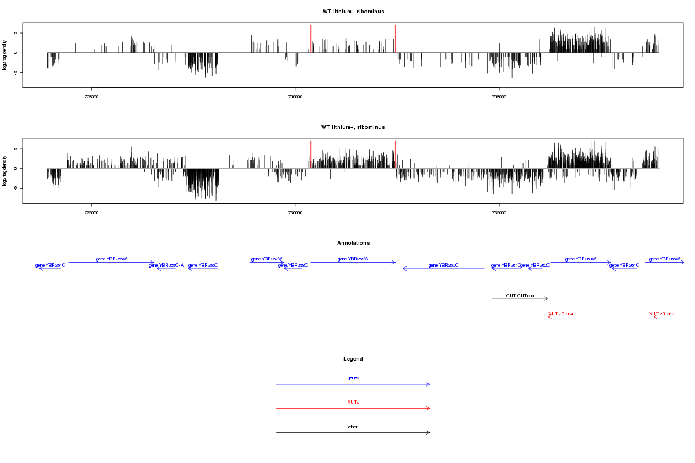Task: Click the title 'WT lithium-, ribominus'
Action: (x=353, y=12)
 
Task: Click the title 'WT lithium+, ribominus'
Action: (x=353, y=127)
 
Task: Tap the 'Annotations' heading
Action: (x=353, y=243)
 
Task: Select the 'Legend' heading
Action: (x=353, y=359)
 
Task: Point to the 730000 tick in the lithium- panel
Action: (x=295, y=97)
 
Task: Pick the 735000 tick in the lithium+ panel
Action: (x=499, y=212)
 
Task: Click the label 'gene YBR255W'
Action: (x=111, y=259)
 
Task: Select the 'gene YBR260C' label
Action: (x=443, y=265)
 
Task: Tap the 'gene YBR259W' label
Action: (x=353, y=259)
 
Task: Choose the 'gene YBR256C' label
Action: (x=203, y=265)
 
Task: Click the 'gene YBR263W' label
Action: (x=580, y=259)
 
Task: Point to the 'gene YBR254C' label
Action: (x=50, y=265)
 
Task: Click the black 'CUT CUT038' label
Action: (x=520, y=296)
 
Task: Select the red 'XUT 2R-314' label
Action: (x=561, y=314)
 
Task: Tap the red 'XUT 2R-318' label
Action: (x=661, y=314)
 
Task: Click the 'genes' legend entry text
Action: (x=353, y=377)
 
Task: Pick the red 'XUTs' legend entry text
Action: (x=353, y=402)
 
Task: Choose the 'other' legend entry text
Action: (x=353, y=427)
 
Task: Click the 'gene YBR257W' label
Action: (x=266, y=259)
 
